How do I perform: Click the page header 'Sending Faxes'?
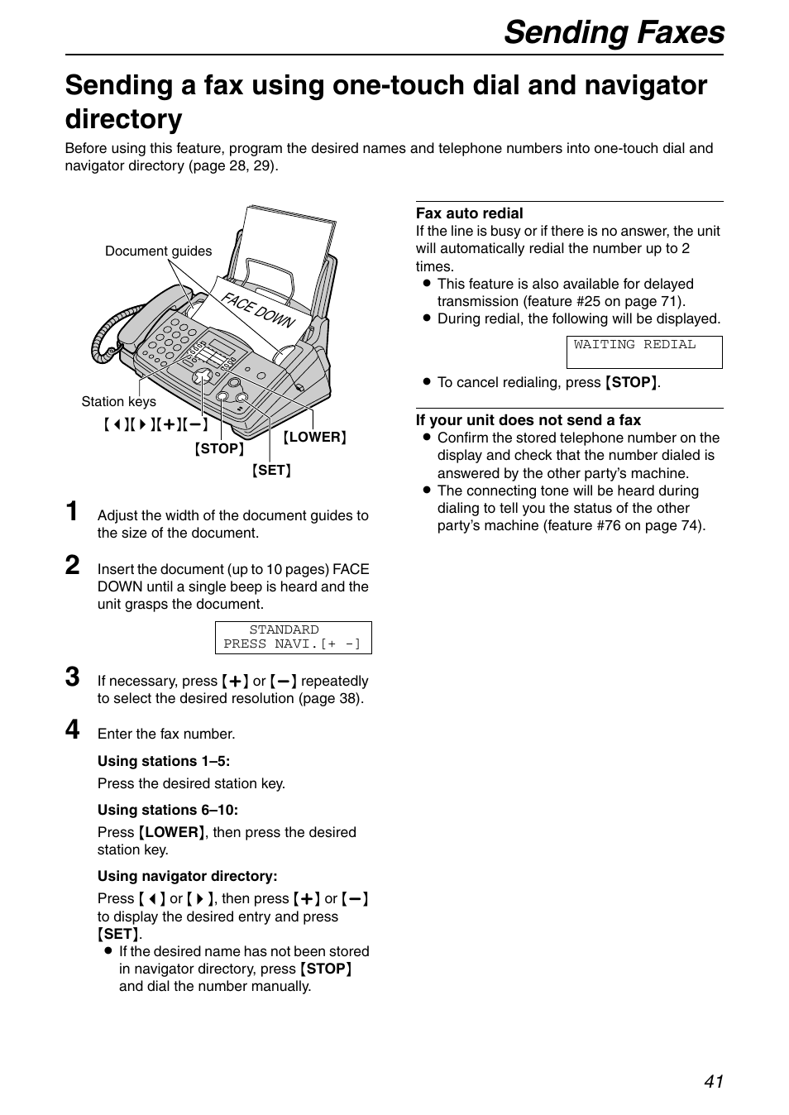click(614, 32)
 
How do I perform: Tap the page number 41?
click(714, 1081)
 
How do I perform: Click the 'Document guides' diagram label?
click(158, 251)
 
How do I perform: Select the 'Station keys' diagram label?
click(118, 402)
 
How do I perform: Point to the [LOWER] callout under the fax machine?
click(314, 438)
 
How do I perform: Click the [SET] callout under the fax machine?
click(271, 471)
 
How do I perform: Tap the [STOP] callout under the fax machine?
click(219, 449)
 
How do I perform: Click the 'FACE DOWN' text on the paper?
click(257, 310)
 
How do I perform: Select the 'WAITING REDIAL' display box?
click(643, 352)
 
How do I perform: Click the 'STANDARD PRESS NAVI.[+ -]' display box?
click(293, 637)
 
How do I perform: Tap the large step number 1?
click(74, 512)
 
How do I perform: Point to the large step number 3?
click(74, 677)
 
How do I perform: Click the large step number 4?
click(74, 730)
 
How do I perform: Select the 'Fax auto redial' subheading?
click(469, 213)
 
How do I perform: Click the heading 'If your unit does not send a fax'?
click(528, 420)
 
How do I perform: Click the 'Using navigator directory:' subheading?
click(187, 876)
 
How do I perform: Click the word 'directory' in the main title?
click(123, 120)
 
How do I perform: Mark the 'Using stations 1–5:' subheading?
click(163, 762)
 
